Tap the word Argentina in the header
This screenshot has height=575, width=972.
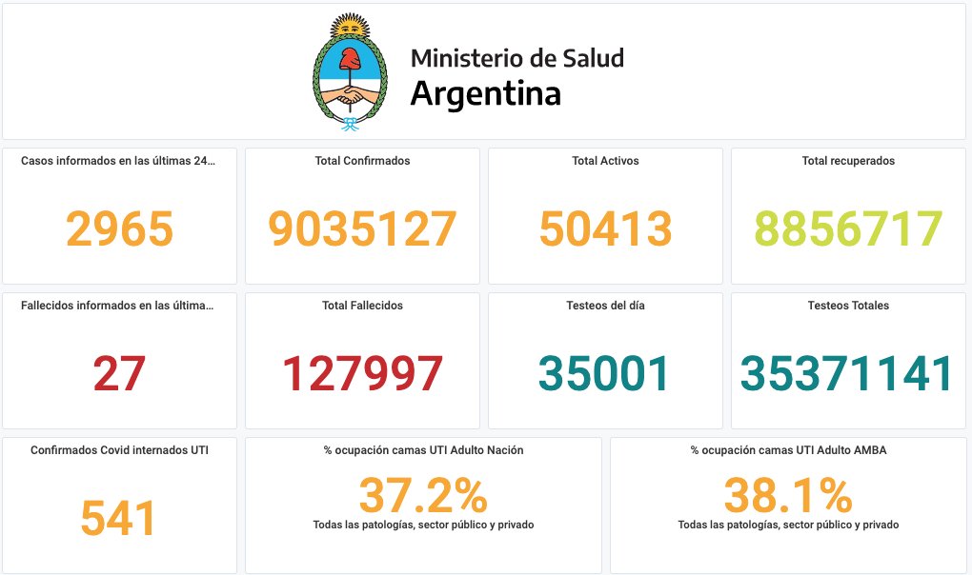point(485,94)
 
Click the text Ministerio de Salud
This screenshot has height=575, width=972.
point(517,58)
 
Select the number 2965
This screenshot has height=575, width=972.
point(119,229)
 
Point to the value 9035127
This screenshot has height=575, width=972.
point(362,229)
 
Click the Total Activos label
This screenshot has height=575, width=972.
point(605,161)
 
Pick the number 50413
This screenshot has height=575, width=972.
point(605,229)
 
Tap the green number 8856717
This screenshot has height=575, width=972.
point(848,229)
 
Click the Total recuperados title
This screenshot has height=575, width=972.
point(848,161)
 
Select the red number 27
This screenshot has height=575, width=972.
point(119,373)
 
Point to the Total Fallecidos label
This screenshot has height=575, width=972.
point(362,306)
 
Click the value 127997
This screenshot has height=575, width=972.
point(362,373)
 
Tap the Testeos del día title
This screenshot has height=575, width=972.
point(605,306)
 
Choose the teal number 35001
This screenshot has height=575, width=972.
point(605,373)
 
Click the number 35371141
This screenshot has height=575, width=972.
point(848,373)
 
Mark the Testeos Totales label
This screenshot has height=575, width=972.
point(848,306)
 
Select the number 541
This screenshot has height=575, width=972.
point(118,519)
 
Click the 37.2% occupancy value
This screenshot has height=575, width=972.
point(423,495)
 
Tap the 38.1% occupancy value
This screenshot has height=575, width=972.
point(788,495)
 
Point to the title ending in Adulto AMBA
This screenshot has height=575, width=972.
point(788,450)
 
